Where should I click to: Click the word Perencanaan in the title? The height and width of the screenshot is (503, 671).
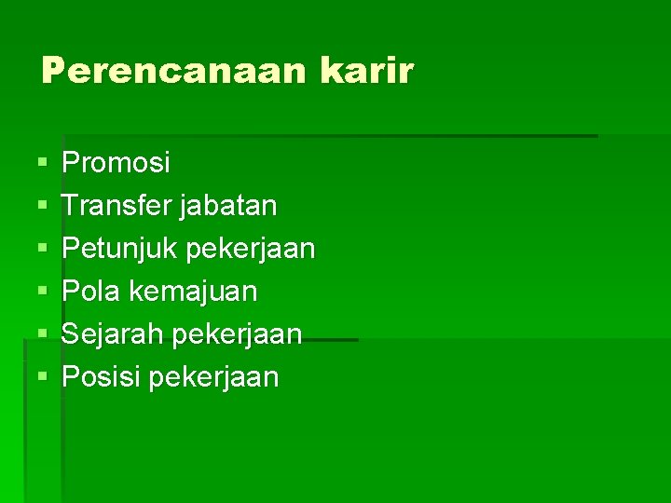tap(172, 72)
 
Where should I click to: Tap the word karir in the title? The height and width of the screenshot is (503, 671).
tap(365, 72)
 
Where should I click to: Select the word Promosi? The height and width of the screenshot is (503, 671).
tap(116, 164)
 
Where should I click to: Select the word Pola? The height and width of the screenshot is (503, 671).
tap(91, 292)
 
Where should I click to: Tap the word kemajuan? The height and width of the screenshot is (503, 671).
tap(193, 292)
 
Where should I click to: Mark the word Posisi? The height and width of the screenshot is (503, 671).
tap(101, 377)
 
